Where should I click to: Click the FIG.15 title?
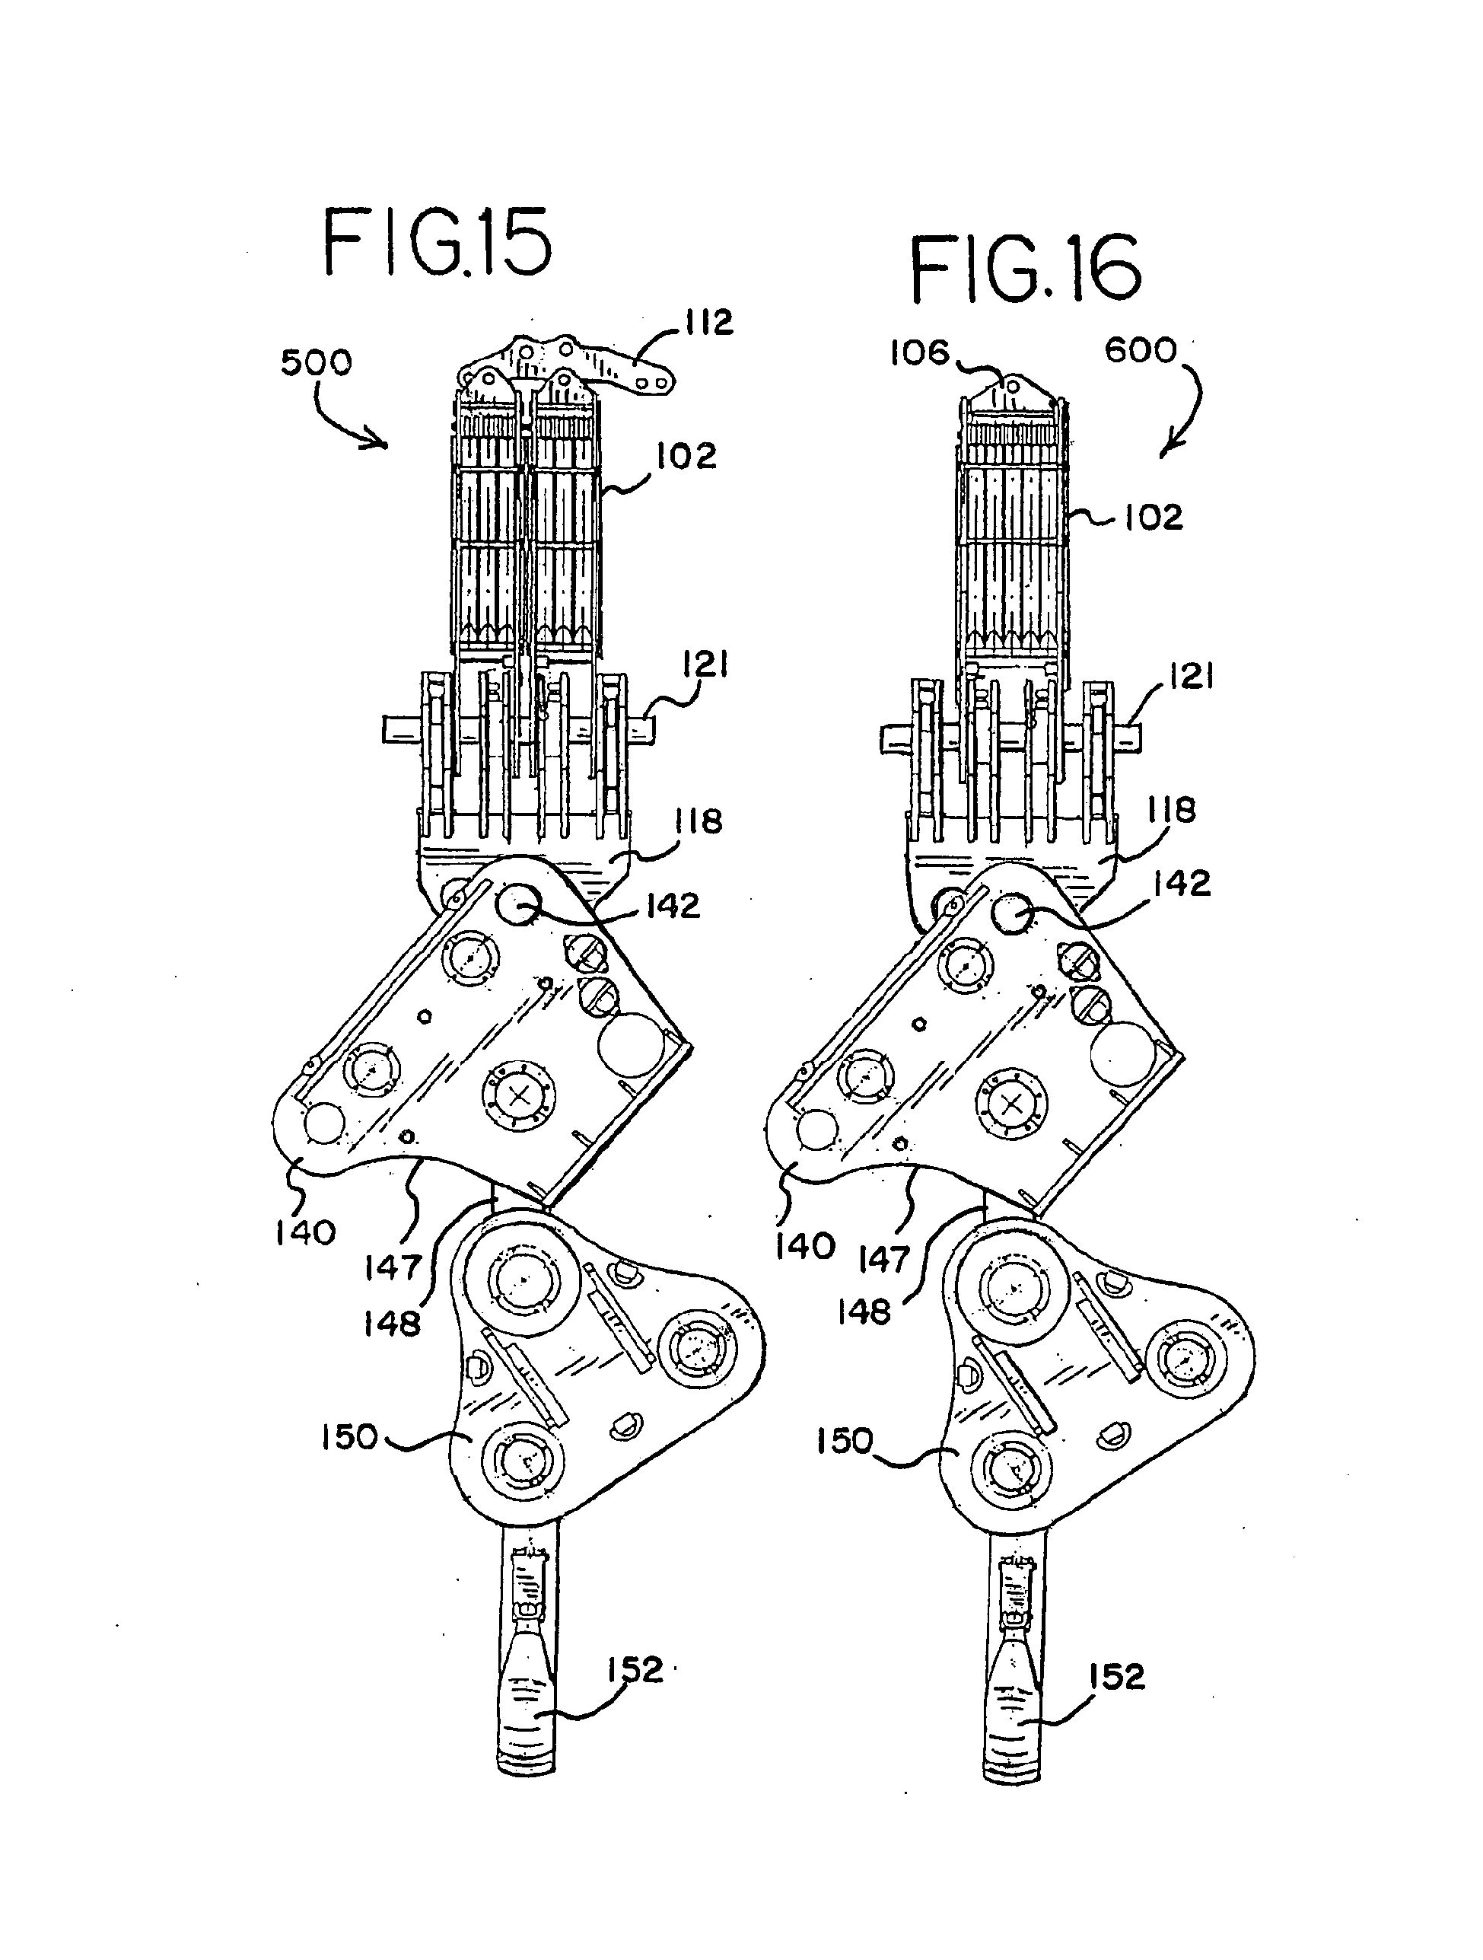coord(437,242)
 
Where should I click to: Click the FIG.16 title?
coord(1025,268)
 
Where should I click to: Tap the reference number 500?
coord(317,362)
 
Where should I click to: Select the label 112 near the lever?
coord(708,323)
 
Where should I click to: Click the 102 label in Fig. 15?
coord(686,457)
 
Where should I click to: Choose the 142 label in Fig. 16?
coord(1182,884)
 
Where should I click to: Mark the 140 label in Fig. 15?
coord(305,1232)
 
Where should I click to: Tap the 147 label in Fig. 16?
coord(884,1258)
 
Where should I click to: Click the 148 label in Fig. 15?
coord(392,1324)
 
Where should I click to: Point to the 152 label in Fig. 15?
coord(635,1670)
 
